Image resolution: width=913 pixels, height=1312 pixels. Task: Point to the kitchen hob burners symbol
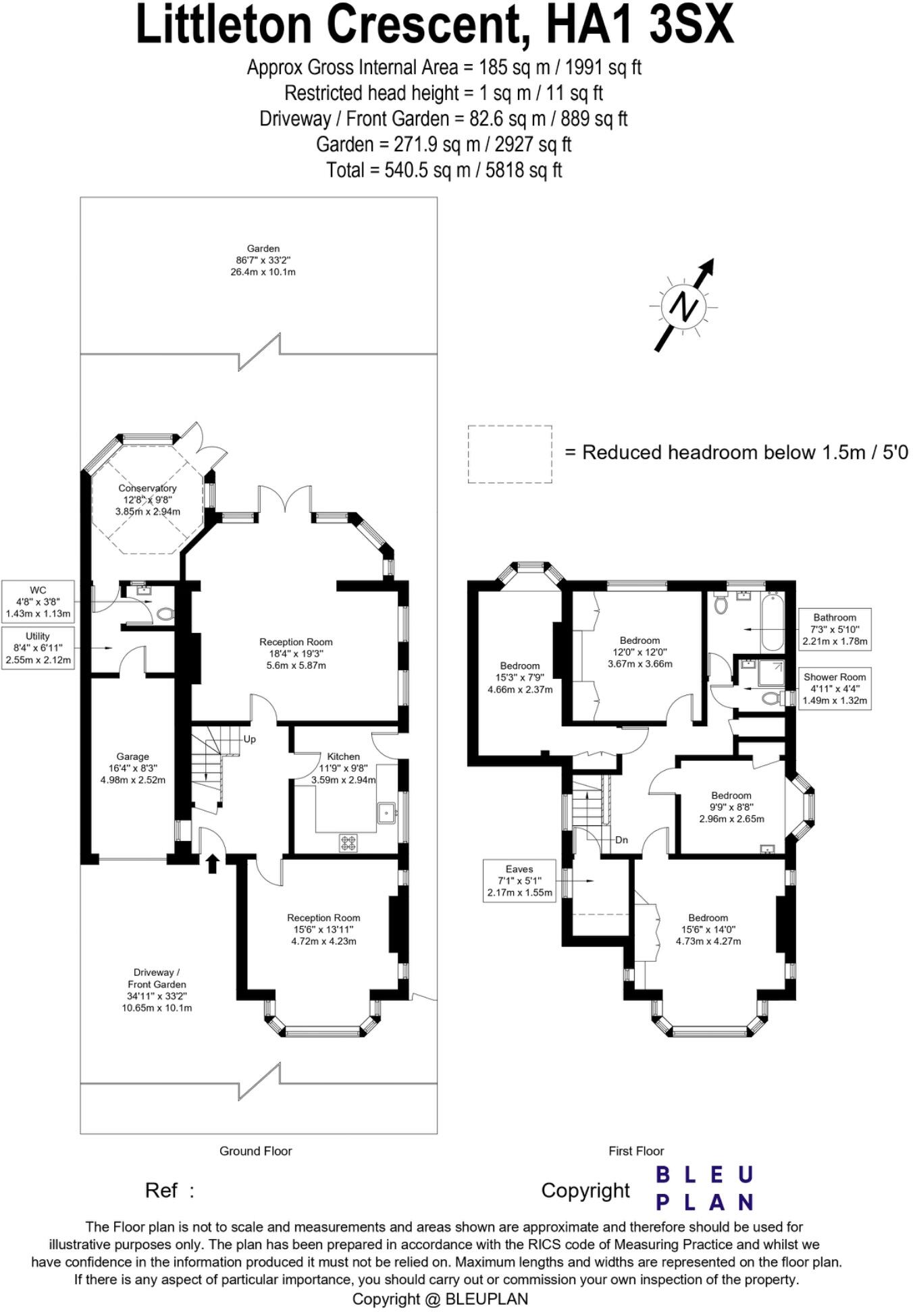pyautogui.click(x=348, y=842)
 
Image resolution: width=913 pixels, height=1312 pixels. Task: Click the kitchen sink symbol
pyautogui.click(x=387, y=813)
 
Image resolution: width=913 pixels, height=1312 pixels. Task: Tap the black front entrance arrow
pyautogui.click(x=212, y=863)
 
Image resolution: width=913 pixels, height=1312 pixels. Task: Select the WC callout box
pyautogui.click(x=38, y=602)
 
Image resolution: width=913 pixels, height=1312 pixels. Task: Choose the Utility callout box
pyautogui.click(x=38, y=648)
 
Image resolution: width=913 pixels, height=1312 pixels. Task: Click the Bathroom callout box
pyautogui.click(x=835, y=629)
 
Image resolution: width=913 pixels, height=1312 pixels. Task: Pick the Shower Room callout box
pyautogui.click(x=835, y=688)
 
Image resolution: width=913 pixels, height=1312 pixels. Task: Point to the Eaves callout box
pyautogui.click(x=519, y=881)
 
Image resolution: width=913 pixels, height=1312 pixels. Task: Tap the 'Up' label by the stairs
pyautogui.click(x=249, y=739)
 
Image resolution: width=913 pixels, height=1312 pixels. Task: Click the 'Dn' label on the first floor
pyautogui.click(x=621, y=840)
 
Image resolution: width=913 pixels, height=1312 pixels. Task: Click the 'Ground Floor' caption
pyautogui.click(x=255, y=1151)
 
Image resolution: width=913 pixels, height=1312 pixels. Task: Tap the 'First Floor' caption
pyautogui.click(x=636, y=1151)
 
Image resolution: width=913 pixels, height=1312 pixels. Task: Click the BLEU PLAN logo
pyautogui.click(x=704, y=1188)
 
